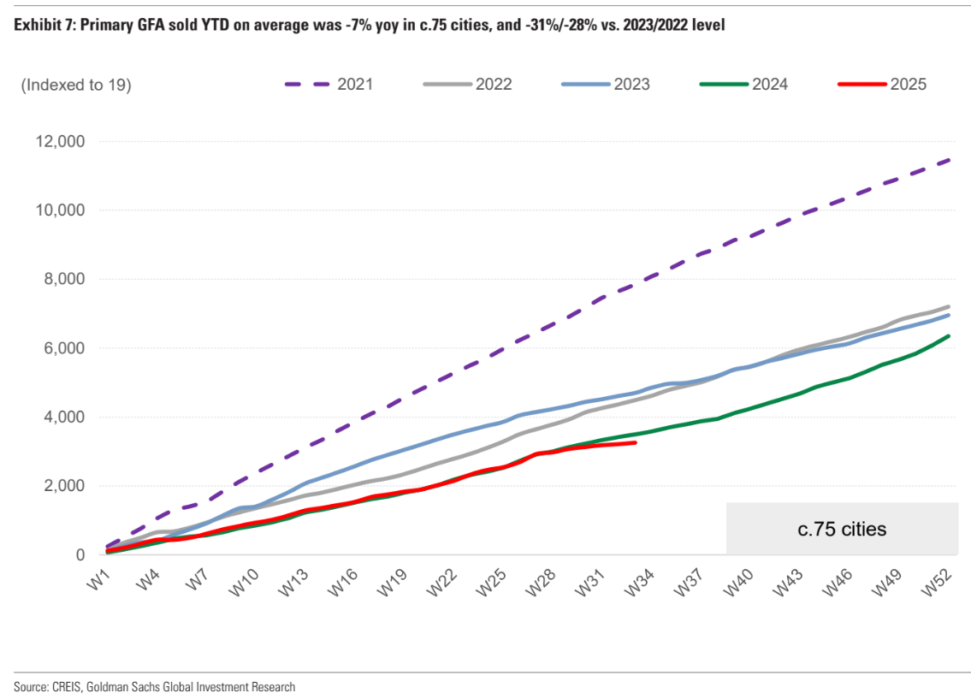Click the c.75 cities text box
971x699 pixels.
[x=843, y=529]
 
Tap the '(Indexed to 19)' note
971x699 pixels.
[x=75, y=84]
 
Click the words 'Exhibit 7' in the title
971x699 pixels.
[x=41, y=25]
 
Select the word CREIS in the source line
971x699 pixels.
[x=64, y=687]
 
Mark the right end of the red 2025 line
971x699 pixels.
[x=636, y=442]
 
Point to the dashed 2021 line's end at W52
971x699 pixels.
[x=950, y=160]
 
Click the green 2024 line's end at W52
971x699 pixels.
[x=950, y=336]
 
